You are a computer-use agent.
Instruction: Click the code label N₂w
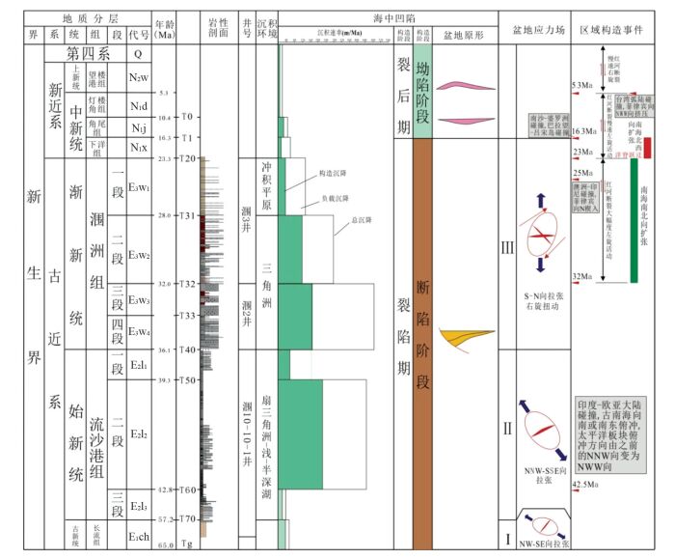click(138, 77)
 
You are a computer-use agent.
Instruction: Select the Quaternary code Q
click(138, 54)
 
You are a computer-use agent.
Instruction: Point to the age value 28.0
click(164, 215)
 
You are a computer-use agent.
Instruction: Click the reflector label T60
click(188, 489)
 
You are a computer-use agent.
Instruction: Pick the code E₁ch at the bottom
click(138, 534)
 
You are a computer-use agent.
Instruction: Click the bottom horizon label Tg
click(188, 545)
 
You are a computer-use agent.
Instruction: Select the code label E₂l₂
click(138, 434)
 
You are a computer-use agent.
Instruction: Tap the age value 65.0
click(164, 545)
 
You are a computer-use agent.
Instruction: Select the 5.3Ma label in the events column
click(584, 85)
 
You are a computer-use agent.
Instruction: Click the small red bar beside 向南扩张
click(648, 147)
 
